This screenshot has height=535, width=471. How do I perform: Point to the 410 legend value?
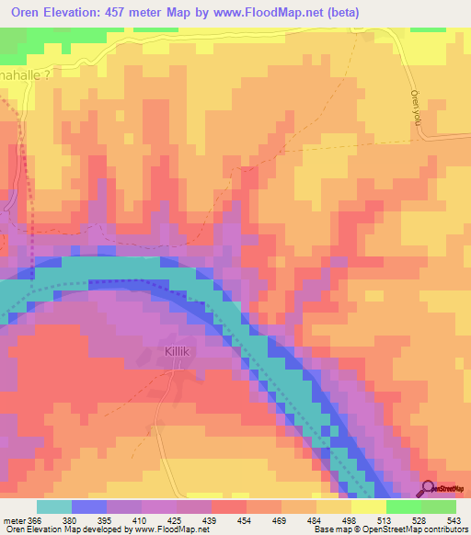pos(141,519)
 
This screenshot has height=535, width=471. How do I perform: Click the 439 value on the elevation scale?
pos(211,519)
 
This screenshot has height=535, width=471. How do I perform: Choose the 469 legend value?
pos(281,519)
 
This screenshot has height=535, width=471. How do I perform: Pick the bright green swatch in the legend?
pos(403,507)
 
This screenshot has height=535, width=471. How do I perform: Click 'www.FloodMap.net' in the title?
pos(258,13)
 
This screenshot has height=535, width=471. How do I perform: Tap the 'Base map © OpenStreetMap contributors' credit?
pos(387,529)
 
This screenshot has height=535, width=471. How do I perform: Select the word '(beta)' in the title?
pos(339,13)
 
